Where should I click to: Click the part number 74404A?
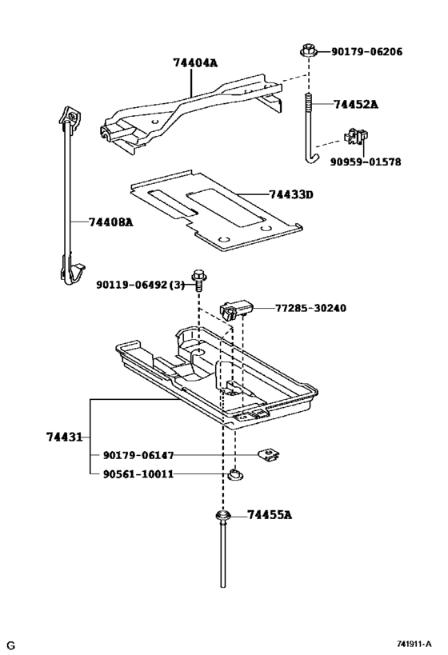(195, 62)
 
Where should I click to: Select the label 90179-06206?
(366, 52)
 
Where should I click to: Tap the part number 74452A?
(356, 105)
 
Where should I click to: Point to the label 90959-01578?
(366, 162)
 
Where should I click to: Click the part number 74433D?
(291, 194)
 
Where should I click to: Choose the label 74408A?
(110, 222)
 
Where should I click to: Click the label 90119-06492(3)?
(140, 284)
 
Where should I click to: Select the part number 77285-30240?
(311, 308)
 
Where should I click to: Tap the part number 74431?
(64, 437)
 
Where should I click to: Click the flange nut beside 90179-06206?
(308, 50)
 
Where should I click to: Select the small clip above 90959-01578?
(354, 137)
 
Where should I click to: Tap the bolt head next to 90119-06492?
(198, 282)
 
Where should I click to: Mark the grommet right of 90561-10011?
(234, 476)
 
